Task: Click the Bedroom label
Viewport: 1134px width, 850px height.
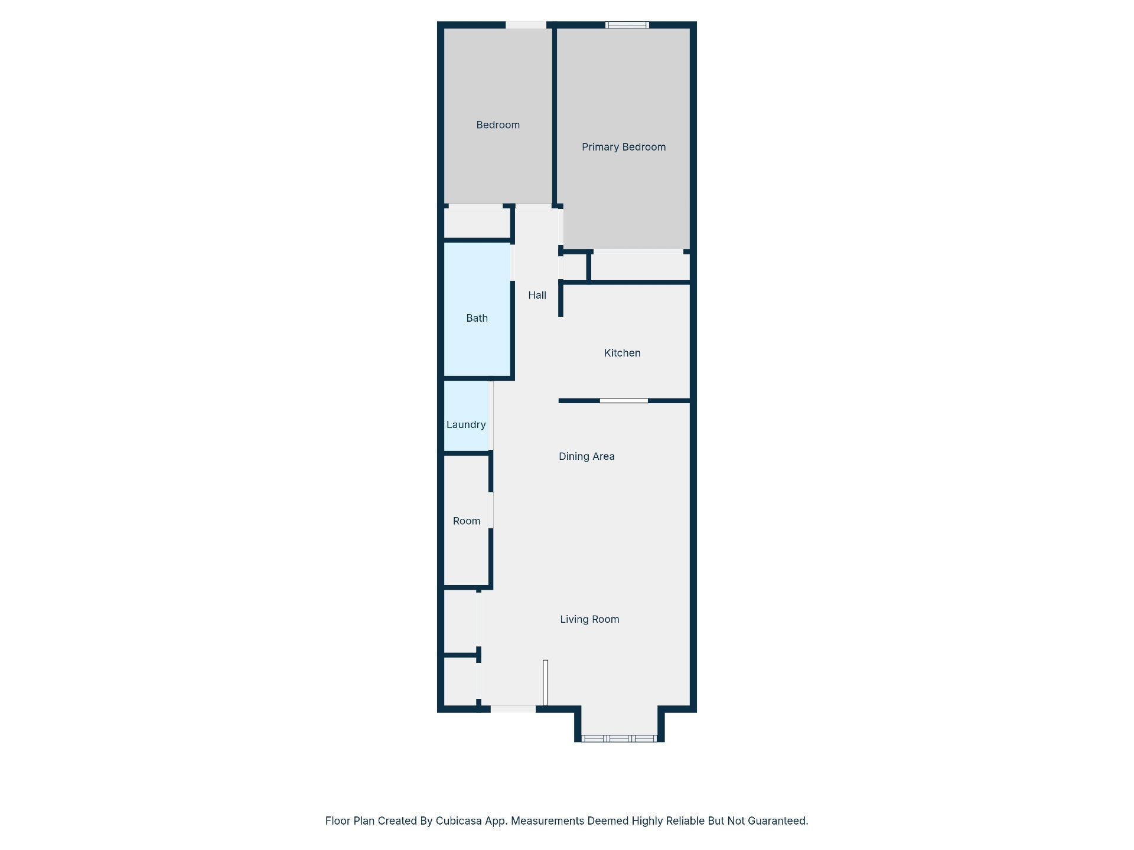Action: (x=498, y=125)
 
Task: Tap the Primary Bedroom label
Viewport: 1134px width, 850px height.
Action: (x=624, y=147)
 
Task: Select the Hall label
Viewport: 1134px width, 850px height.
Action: (x=537, y=295)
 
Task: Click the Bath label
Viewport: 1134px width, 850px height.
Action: (x=477, y=318)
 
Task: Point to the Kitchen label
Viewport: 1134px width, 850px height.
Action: (x=622, y=353)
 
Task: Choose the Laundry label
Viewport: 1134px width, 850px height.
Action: (x=466, y=424)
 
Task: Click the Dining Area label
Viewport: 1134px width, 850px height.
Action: (x=586, y=456)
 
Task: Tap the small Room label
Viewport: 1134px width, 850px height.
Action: (x=467, y=521)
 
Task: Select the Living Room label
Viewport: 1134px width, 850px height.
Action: (x=589, y=619)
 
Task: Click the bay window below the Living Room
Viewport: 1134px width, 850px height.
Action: (x=619, y=738)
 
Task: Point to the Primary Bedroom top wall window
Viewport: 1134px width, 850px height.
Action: (x=627, y=25)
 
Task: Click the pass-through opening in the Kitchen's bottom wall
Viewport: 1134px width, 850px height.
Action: (x=624, y=401)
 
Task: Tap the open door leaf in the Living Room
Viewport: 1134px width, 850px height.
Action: (x=546, y=682)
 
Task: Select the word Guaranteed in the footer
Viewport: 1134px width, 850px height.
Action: (x=778, y=821)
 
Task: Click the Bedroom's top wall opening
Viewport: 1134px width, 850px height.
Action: (x=526, y=25)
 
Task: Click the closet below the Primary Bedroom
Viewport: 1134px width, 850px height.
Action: (x=640, y=267)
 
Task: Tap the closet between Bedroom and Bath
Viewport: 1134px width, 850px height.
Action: (x=477, y=223)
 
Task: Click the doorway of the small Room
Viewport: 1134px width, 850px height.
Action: (x=491, y=510)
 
